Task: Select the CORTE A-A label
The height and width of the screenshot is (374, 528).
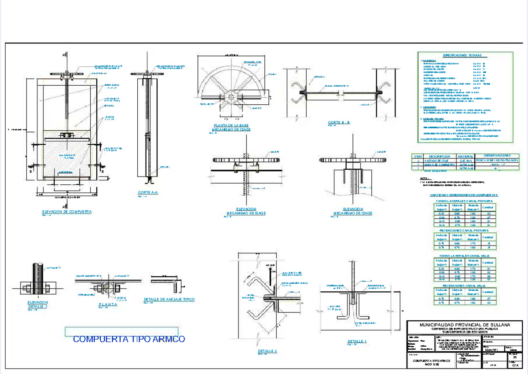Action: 148,193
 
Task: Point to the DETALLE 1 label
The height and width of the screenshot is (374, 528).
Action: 357,341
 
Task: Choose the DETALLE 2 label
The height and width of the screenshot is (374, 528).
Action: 267,351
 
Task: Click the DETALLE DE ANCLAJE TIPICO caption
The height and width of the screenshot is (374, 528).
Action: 169,299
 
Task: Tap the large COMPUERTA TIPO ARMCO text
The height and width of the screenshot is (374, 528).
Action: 129,339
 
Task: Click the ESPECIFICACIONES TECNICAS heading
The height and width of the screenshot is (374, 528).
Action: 462,55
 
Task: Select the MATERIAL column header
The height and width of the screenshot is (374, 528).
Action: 466,156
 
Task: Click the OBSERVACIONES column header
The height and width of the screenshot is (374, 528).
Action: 498,156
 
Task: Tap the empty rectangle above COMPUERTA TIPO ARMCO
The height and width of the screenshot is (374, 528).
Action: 121,331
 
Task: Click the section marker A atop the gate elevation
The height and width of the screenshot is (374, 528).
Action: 64,54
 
